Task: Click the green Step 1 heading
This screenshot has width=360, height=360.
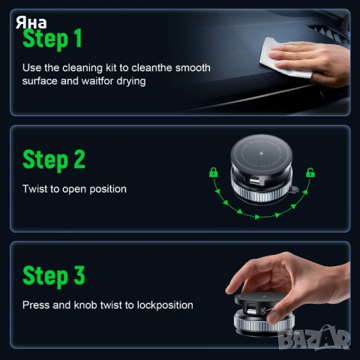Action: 52,38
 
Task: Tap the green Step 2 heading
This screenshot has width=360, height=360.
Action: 54,160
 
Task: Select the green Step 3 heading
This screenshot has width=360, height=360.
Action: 54,275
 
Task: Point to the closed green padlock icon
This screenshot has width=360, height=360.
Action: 213,172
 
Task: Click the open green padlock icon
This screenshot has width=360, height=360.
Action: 310,172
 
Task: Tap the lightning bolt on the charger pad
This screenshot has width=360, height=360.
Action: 262,153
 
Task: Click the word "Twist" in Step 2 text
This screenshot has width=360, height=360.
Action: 34,189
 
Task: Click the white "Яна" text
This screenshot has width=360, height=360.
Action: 31,22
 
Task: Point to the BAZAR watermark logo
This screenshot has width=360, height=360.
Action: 314,337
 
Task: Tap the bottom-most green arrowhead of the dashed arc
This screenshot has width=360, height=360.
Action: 257,217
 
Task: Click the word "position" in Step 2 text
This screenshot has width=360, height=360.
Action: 108,190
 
